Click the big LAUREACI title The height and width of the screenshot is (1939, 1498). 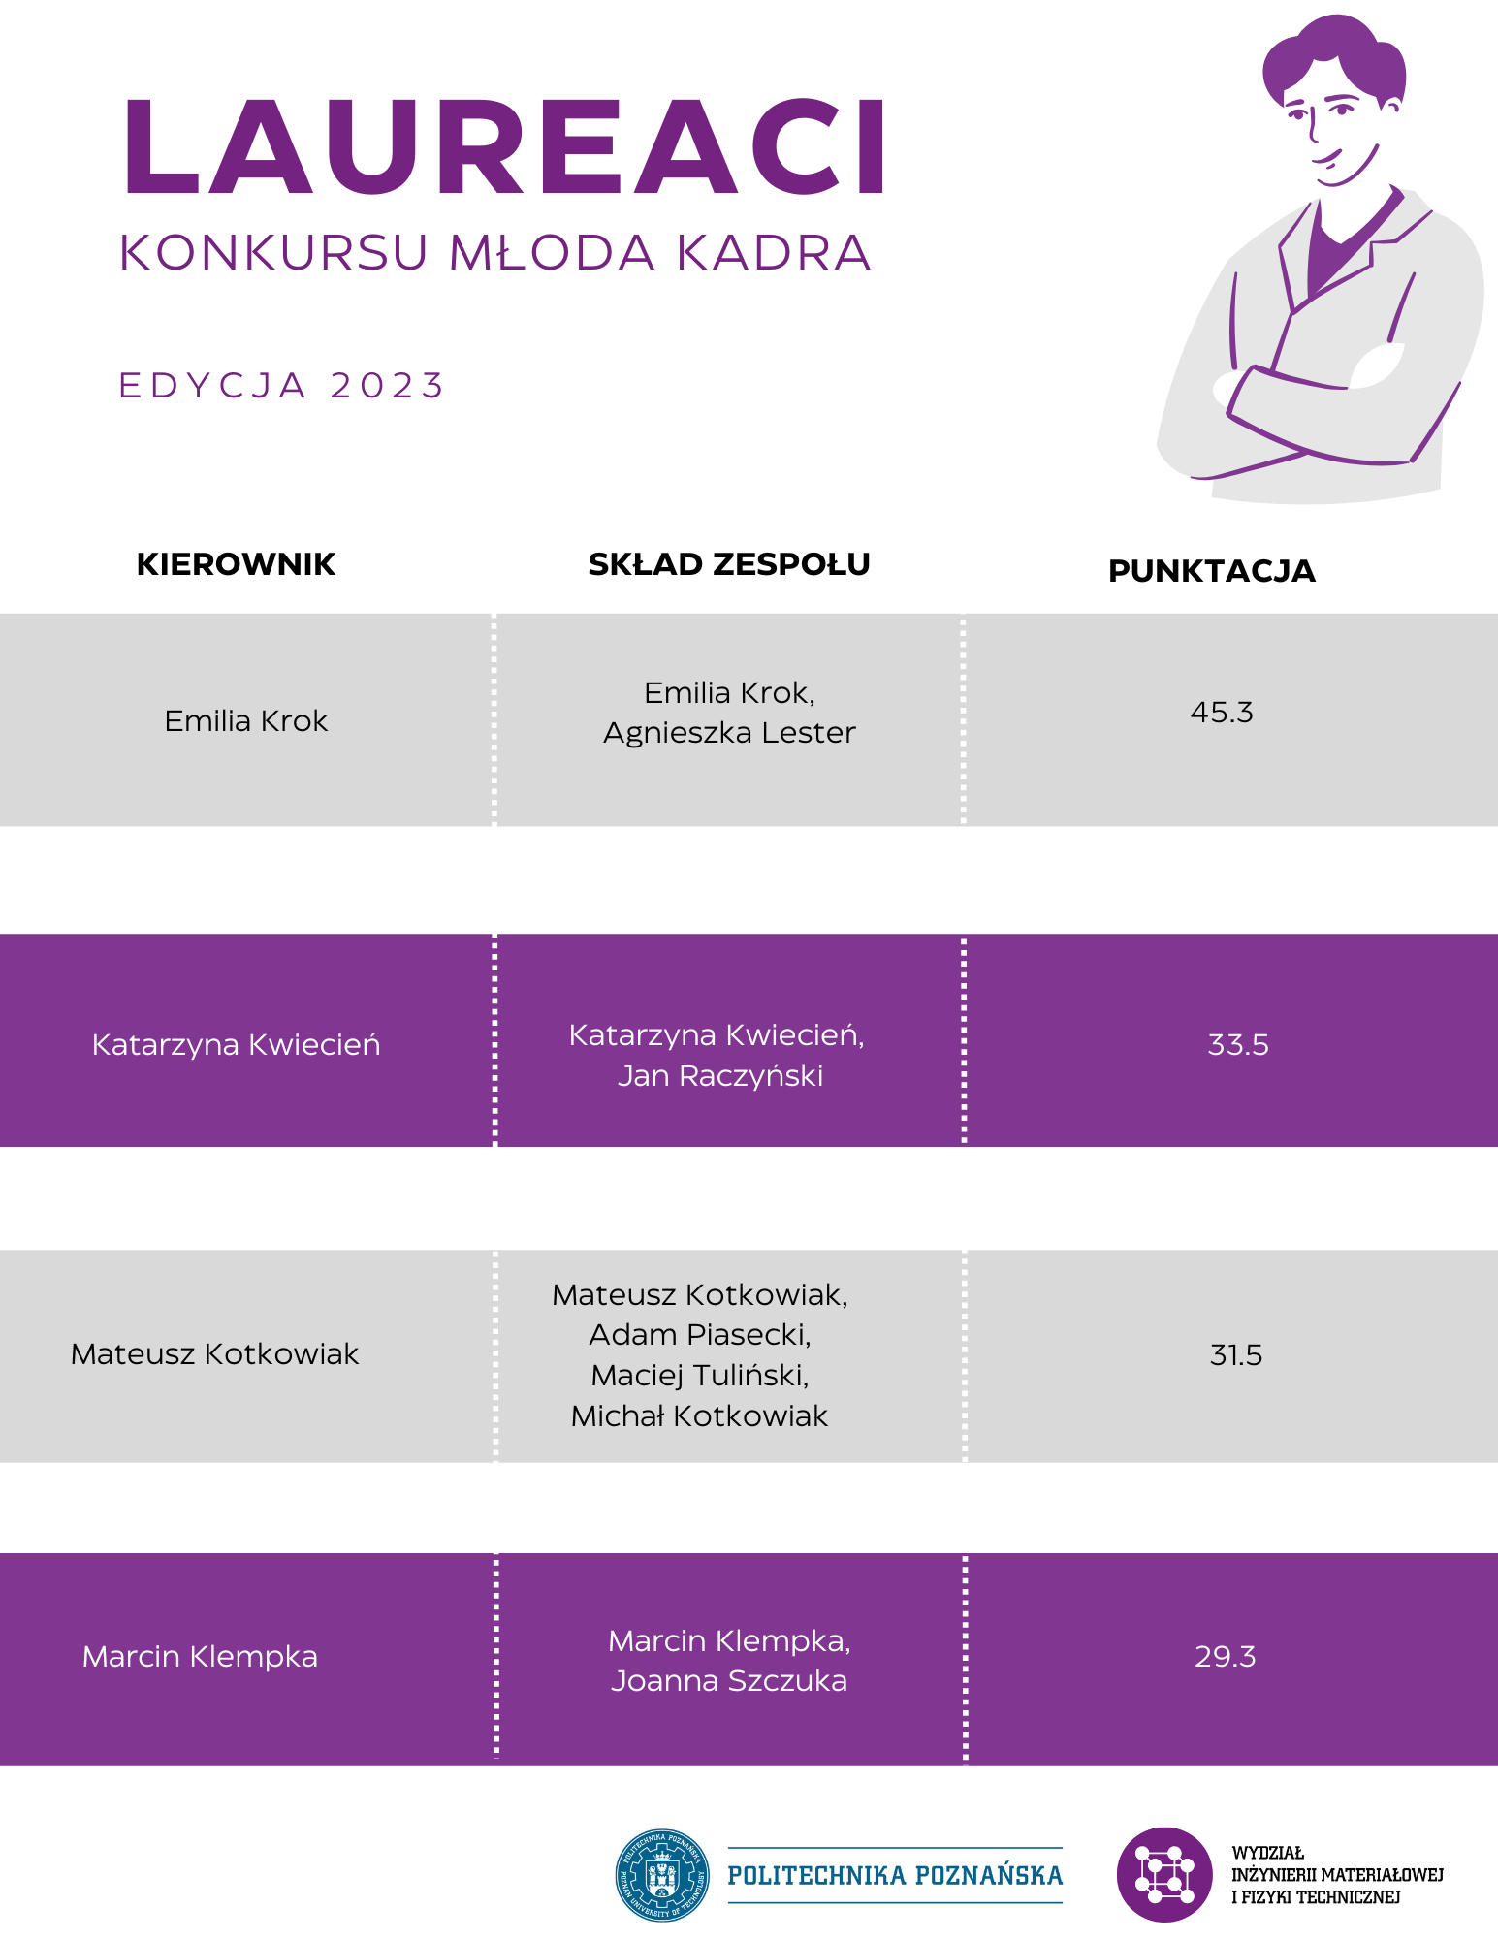tap(503, 147)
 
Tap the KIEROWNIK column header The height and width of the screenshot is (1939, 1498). tap(236, 564)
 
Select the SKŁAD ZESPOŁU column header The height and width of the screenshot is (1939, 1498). tap(729, 564)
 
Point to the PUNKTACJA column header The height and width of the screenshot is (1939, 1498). tap(1211, 571)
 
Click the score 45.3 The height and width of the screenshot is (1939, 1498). tap(1222, 713)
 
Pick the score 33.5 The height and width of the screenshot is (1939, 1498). tap(1238, 1045)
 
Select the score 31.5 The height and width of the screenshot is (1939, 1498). tap(1236, 1354)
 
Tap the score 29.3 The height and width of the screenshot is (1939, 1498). tap(1226, 1656)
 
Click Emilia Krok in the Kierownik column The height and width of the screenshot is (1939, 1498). tap(246, 721)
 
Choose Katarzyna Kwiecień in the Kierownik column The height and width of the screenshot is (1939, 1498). tap(236, 1045)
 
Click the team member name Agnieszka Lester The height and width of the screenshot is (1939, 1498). tap(729, 733)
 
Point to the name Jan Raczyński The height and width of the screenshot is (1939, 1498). tap(720, 1076)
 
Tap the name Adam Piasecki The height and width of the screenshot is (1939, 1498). tap(699, 1335)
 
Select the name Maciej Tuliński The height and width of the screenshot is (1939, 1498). tap(699, 1376)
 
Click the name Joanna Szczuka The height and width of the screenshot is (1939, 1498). tap(729, 1681)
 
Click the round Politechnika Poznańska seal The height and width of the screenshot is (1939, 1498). tap(663, 1875)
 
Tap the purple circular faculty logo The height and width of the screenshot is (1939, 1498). tap(1164, 1875)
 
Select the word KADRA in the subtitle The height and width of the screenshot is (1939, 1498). tap(774, 253)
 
